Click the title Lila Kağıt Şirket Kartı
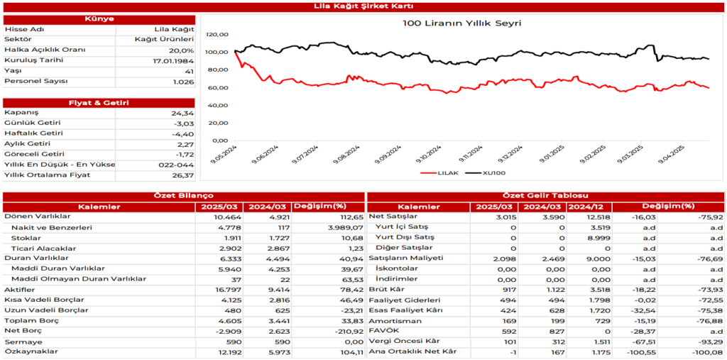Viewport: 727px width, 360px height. coord(363,6)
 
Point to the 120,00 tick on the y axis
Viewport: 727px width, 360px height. coord(217,34)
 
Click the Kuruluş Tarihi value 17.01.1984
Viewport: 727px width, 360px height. coord(173,61)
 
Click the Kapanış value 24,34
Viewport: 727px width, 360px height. coord(182,113)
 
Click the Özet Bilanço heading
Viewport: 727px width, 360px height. coord(183,196)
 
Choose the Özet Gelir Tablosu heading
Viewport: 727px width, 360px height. coord(545,196)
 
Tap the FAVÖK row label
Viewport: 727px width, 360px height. coord(384,331)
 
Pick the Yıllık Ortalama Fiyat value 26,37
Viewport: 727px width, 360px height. coord(182,175)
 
